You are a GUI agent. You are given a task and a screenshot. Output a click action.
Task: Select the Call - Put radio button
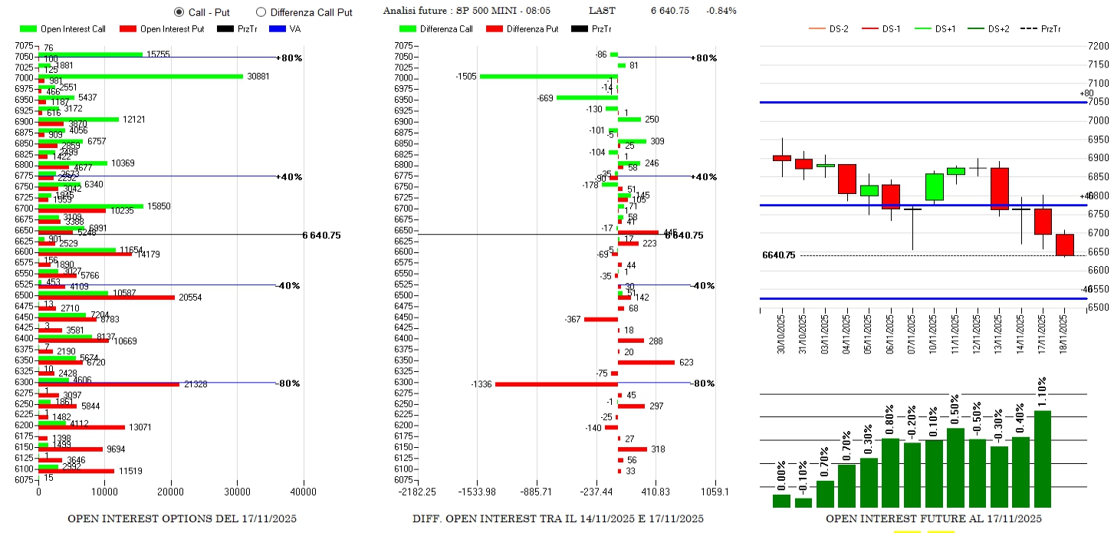pos(179,12)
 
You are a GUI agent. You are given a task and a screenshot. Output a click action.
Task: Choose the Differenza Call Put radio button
pos(261,12)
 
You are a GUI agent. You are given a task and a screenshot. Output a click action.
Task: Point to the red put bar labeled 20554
pos(107,298)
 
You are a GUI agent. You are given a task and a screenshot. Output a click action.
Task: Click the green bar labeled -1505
pos(548,76)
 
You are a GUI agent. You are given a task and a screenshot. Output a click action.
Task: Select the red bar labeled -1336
pos(556,384)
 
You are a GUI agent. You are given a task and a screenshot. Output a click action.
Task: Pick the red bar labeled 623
pos(646,362)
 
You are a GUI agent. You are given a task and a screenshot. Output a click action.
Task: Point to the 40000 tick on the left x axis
pos(303,492)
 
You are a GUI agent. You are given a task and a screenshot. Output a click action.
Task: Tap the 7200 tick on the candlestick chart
pos(1098,47)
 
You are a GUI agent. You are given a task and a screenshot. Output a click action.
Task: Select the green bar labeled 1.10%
pos(1042,459)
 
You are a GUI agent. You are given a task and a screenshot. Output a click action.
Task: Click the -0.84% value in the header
pos(721,11)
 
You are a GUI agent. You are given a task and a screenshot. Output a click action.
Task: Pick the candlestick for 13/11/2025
pos(1000,188)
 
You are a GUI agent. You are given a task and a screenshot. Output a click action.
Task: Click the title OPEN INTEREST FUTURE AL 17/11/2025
pos(933,519)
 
